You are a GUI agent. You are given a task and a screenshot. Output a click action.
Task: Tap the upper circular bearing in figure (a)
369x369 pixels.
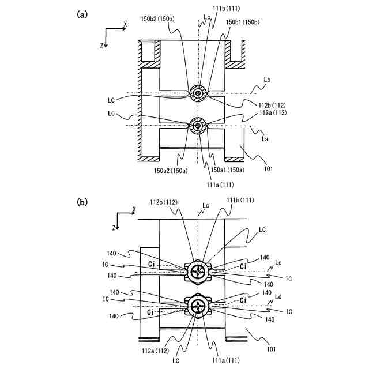click(198, 93)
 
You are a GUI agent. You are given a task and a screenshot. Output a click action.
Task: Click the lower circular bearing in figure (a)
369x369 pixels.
click(198, 125)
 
